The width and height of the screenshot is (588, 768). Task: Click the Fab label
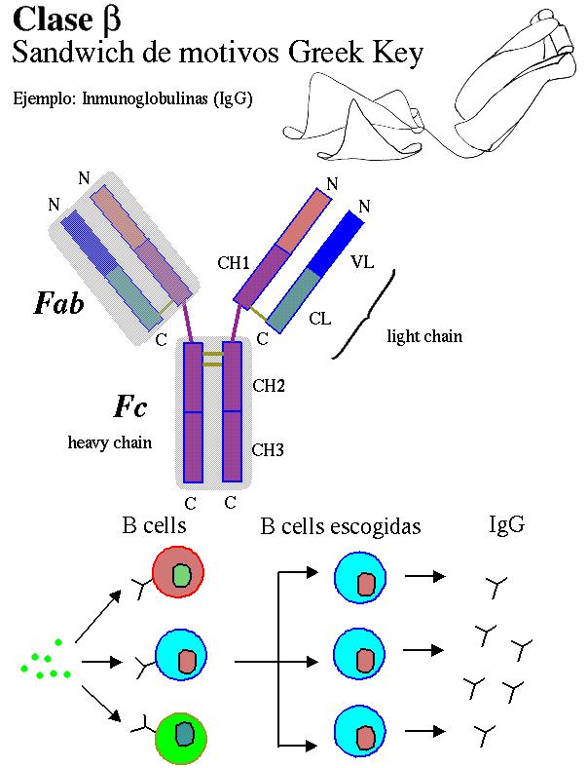click(x=58, y=303)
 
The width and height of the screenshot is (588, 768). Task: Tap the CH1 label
click(x=234, y=262)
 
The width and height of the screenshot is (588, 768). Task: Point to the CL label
click(x=320, y=318)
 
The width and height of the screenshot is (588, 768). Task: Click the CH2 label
click(x=268, y=386)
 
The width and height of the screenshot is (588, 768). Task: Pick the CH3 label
click(x=268, y=449)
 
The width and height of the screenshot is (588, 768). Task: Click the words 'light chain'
click(x=424, y=337)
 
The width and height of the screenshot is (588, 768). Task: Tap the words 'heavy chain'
click(x=109, y=442)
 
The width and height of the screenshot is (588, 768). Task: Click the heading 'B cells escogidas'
click(x=341, y=527)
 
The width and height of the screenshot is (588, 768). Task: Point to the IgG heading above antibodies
click(x=506, y=525)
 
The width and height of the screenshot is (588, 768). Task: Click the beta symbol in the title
click(x=110, y=19)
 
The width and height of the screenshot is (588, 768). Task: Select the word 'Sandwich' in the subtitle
click(x=59, y=54)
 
